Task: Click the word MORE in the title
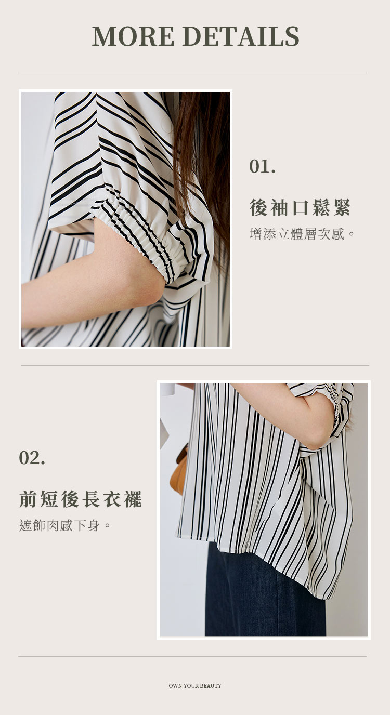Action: [133, 36]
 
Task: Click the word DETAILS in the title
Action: [241, 36]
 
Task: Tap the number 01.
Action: [262, 166]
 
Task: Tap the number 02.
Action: [32, 458]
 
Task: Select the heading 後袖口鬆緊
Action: [300, 207]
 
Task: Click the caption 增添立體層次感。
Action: [302, 234]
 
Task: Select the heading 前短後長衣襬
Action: [80, 499]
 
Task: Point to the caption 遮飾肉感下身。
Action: [65, 525]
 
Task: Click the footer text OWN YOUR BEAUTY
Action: [195, 685]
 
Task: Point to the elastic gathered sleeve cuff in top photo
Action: [140, 233]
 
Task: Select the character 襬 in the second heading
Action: [133, 499]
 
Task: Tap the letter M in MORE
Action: [104, 36]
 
